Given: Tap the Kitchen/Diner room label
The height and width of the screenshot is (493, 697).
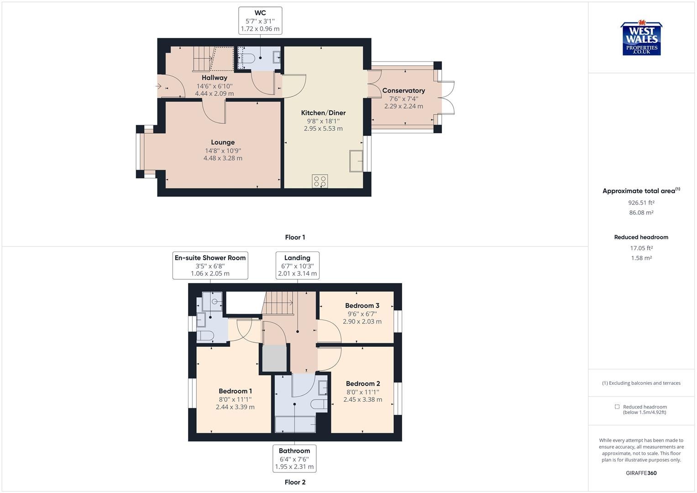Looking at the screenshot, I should (323, 113).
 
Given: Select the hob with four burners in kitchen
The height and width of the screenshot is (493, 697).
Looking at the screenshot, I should (320, 181).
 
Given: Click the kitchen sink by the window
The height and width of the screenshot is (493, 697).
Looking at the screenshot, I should (356, 161).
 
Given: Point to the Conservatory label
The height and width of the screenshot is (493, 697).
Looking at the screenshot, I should (404, 90).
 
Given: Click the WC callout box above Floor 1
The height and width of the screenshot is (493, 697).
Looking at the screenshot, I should (260, 21).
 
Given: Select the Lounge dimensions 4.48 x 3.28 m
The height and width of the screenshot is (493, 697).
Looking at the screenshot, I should (223, 158).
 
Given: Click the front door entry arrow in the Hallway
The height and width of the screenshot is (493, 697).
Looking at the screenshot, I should (159, 86).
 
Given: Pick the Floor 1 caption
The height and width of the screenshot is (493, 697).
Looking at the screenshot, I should (295, 237).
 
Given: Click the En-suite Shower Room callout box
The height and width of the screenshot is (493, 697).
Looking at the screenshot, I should (210, 265).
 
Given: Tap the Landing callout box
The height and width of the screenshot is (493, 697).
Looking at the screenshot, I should (297, 265).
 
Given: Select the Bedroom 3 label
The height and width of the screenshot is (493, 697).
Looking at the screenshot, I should (362, 305).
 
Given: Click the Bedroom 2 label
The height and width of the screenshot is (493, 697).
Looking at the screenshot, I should (363, 383).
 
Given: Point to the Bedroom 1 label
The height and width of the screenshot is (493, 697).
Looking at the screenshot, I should (235, 391).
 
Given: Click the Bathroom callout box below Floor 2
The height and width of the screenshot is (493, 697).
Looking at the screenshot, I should (294, 458).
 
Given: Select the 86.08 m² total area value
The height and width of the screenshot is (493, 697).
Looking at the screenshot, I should (641, 213).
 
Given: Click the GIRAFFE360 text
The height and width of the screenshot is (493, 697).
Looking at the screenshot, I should (641, 473).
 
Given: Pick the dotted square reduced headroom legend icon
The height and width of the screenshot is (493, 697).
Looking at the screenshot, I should (617, 407).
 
